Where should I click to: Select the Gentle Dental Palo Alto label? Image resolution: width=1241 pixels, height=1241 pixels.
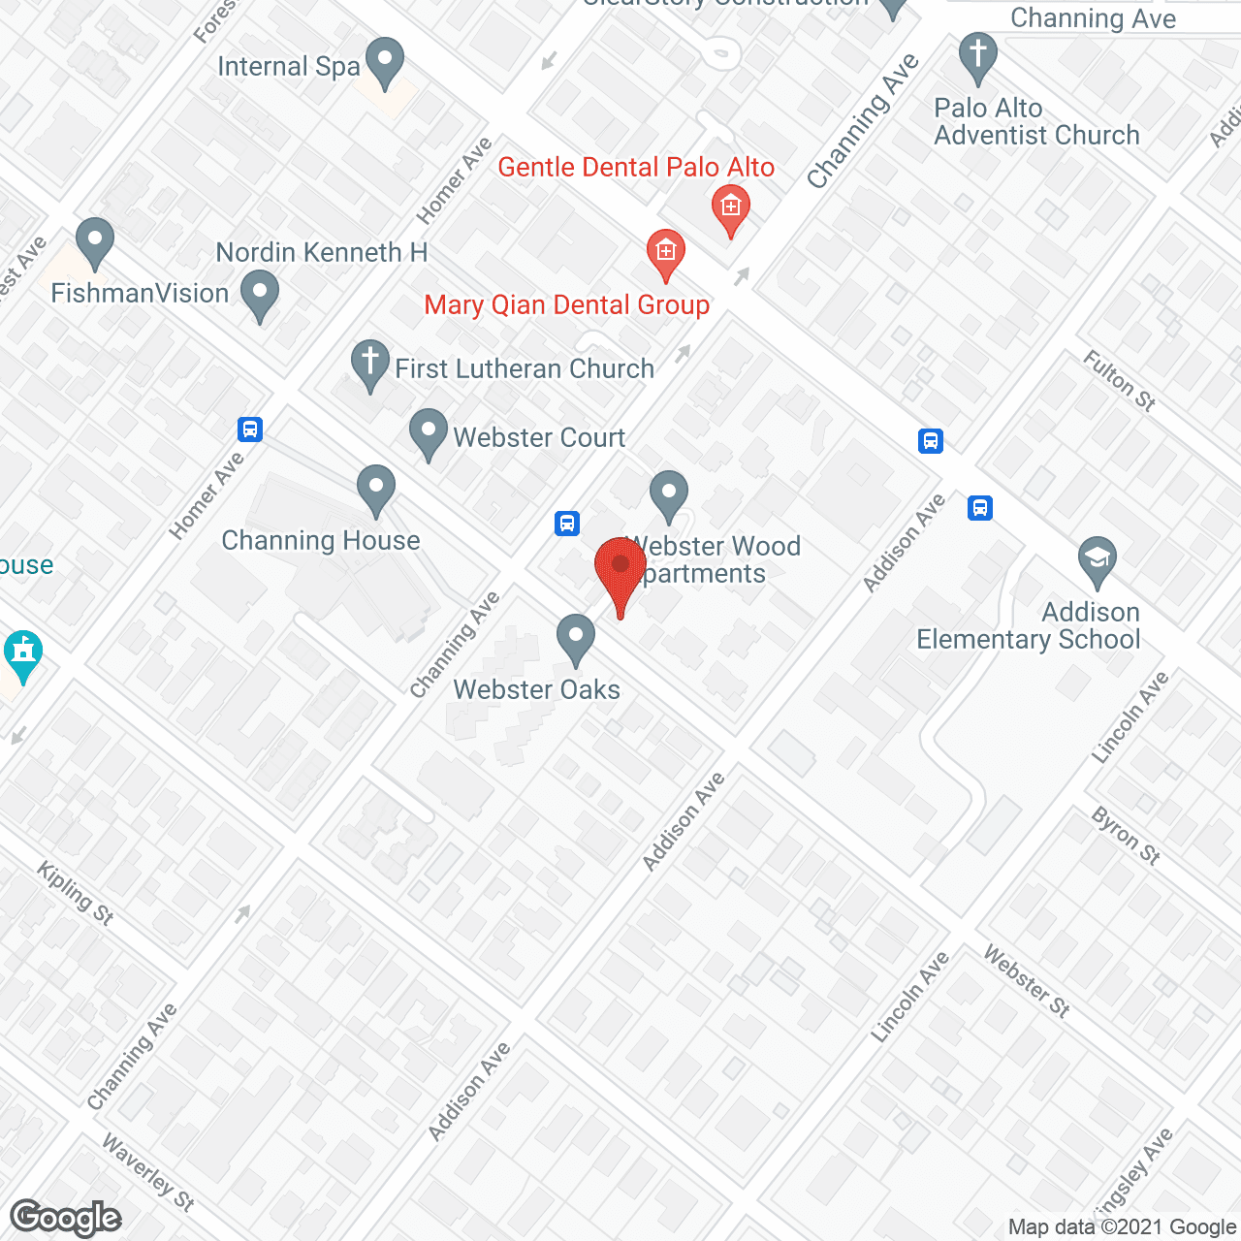coord(636,168)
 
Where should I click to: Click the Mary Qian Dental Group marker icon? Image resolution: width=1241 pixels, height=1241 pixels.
coord(665,252)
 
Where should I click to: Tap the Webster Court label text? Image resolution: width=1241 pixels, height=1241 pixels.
coord(539,438)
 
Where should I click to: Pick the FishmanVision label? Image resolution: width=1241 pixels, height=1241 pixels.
coord(140,294)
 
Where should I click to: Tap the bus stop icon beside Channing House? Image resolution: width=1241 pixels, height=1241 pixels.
coord(250,429)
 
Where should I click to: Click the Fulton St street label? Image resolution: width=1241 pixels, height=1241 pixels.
coord(1120,381)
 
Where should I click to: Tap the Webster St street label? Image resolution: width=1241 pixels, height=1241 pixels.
coord(1027,981)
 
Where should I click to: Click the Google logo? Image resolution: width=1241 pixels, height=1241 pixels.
coord(66,1218)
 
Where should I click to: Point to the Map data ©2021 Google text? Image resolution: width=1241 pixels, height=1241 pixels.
coord(1123,1227)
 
